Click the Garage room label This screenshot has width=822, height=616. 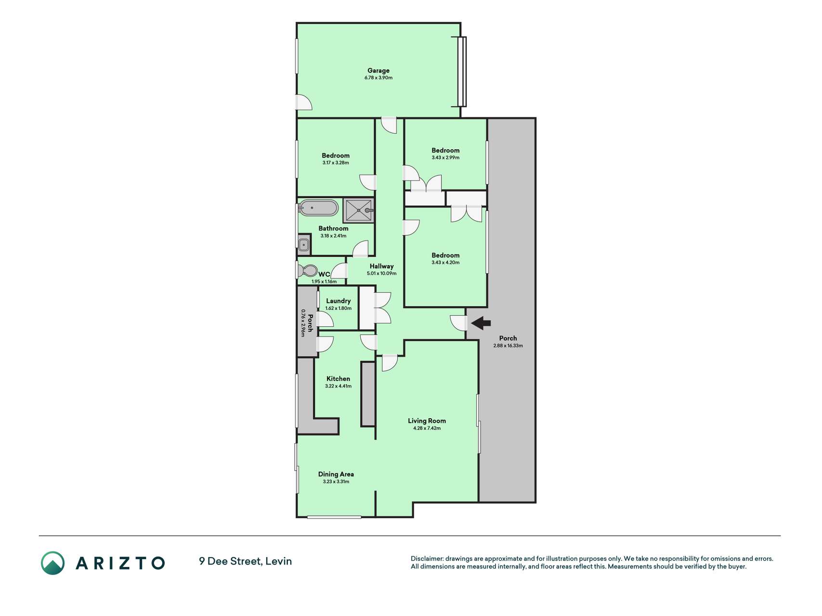coord(378,70)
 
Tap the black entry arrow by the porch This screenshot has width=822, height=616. coord(481,323)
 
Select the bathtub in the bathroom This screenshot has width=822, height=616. coord(318,208)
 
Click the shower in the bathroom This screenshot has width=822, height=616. coord(358,210)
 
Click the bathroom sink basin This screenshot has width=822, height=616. coord(303,245)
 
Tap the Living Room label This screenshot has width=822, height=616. coord(427,421)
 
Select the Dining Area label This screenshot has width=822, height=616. coord(336,474)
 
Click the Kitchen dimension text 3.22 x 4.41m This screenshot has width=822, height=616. coord(338,386)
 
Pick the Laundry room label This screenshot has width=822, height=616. coord(338,301)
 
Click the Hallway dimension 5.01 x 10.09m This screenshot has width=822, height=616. coord(381,273)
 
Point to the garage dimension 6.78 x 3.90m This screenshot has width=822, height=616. coord(378,77)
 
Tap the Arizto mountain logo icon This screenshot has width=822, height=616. coord(52,563)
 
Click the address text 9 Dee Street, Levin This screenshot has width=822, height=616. coord(246,561)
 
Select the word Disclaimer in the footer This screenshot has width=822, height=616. coord(427,559)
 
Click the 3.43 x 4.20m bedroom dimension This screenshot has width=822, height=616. coord(445,263)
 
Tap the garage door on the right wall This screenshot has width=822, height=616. coord(462,71)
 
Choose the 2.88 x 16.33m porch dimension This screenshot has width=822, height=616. coord(508,346)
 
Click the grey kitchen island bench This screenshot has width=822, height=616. coord(368,394)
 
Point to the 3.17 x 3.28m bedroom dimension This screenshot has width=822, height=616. coord(336,163)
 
